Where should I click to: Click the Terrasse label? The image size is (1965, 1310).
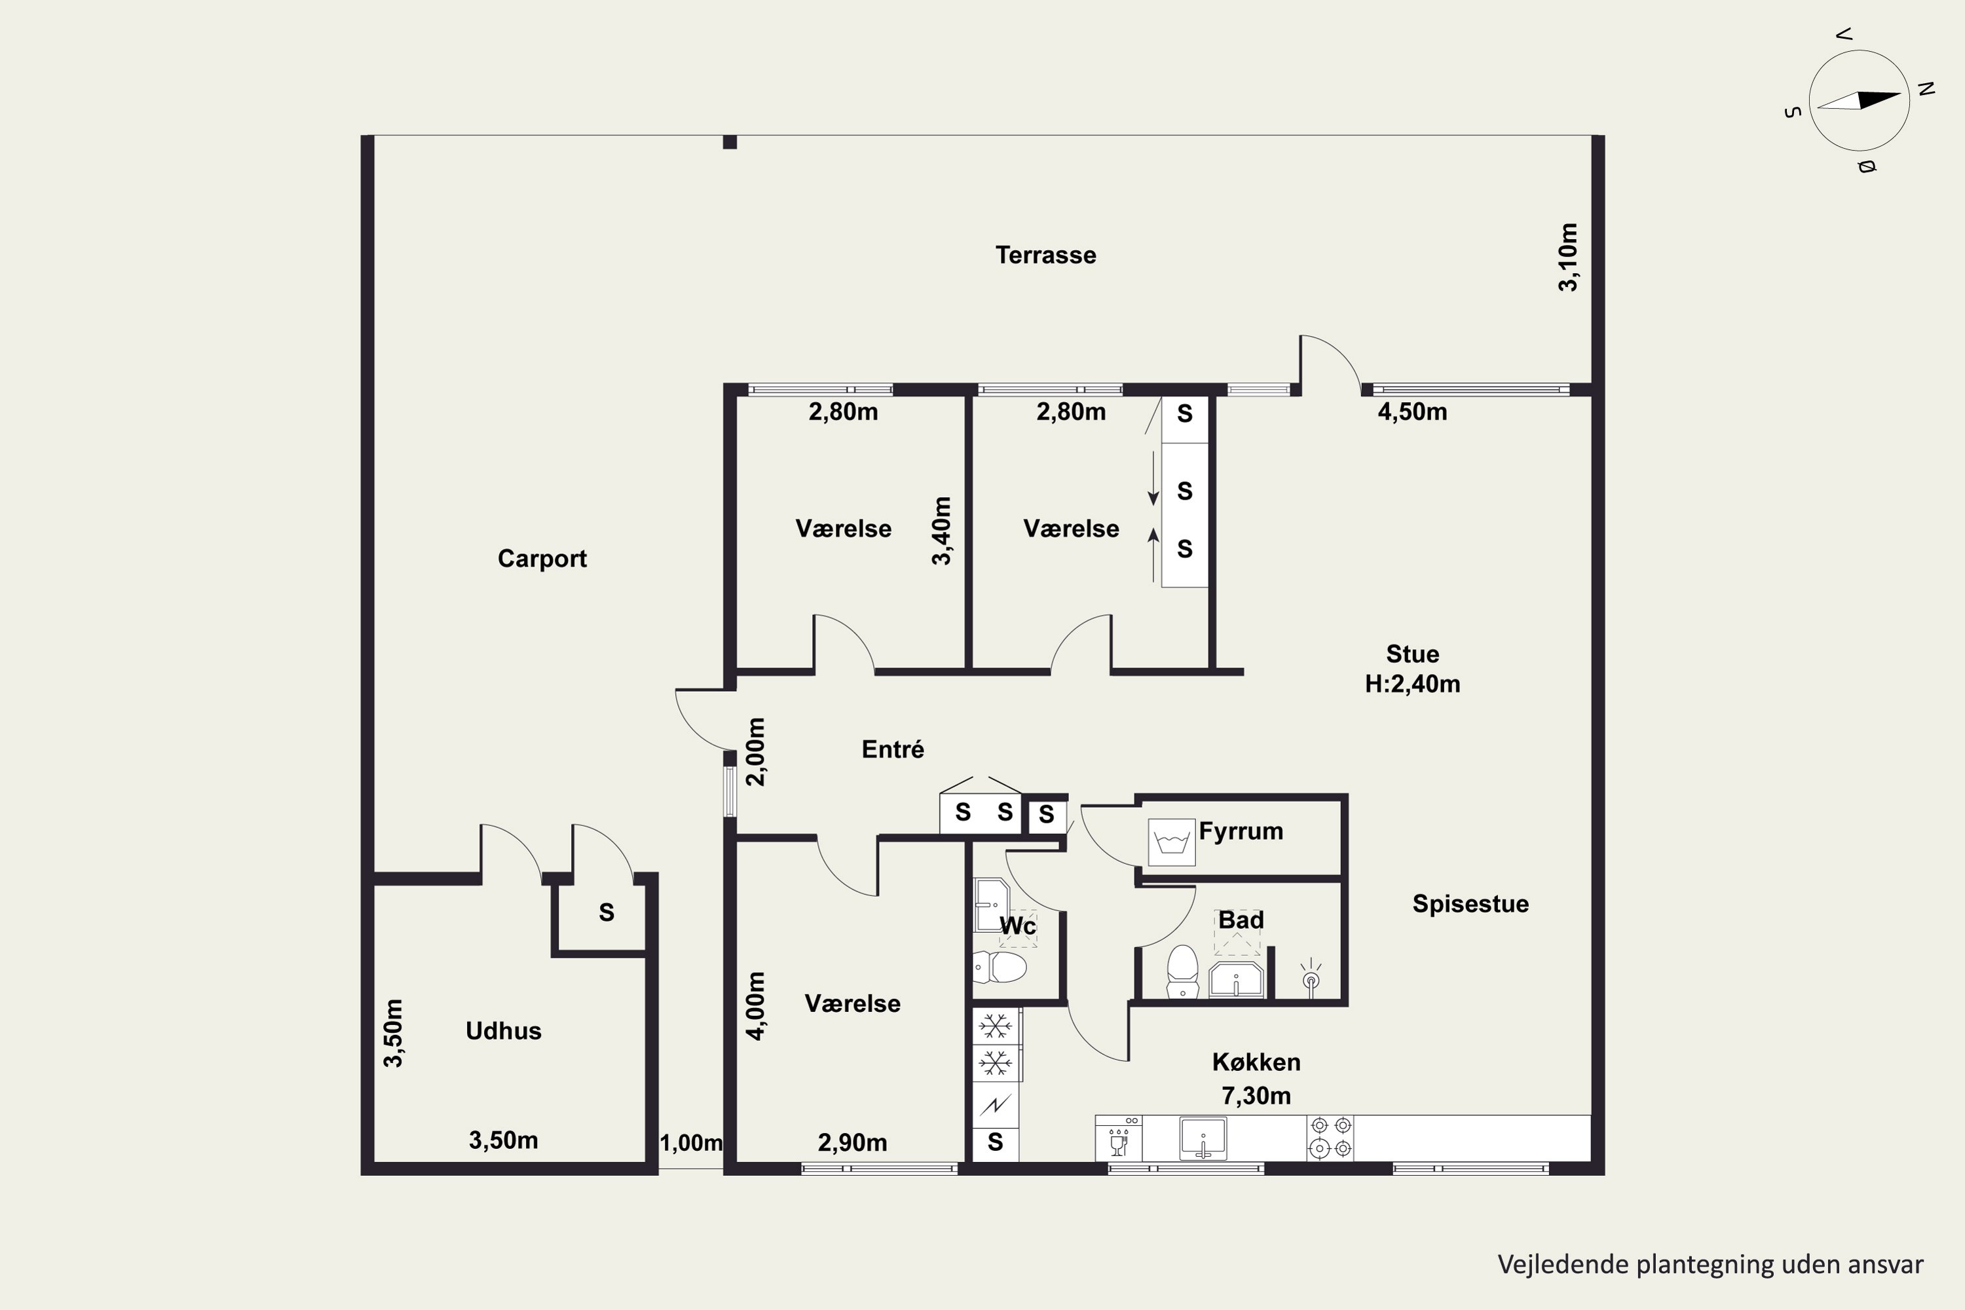point(1045,255)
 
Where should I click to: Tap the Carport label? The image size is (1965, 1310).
point(542,558)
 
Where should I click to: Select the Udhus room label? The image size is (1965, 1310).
point(503,1030)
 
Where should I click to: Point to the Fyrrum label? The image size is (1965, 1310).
point(1241,831)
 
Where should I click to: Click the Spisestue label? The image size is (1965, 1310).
point(1470,904)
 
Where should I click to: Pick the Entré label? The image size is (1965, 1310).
point(892,749)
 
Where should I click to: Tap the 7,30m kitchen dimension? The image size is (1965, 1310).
point(1256,1095)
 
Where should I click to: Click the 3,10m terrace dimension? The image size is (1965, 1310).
point(1568,257)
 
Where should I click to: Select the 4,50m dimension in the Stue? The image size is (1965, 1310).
point(1412,412)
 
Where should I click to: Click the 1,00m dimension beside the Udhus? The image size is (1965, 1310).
point(691,1143)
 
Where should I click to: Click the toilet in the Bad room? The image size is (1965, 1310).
point(1182,971)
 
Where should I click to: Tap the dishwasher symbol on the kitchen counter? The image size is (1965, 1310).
point(1119,1138)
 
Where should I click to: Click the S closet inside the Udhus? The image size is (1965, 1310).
point(607,912)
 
